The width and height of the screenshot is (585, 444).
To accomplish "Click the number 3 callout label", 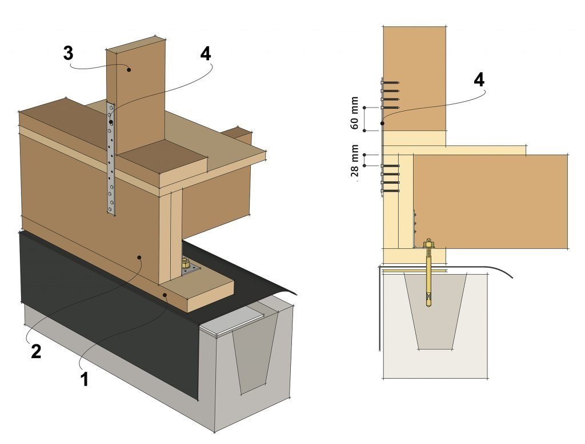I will point(68,55).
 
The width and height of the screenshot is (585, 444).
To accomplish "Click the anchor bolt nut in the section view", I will point(428,246).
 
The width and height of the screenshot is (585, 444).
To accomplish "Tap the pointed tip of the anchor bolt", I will point(428,306).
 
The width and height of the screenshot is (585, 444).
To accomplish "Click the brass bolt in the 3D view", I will point(186,264).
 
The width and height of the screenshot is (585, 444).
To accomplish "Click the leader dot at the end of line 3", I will point(130,70).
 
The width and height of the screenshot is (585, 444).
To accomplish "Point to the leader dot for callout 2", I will point(140,259).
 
